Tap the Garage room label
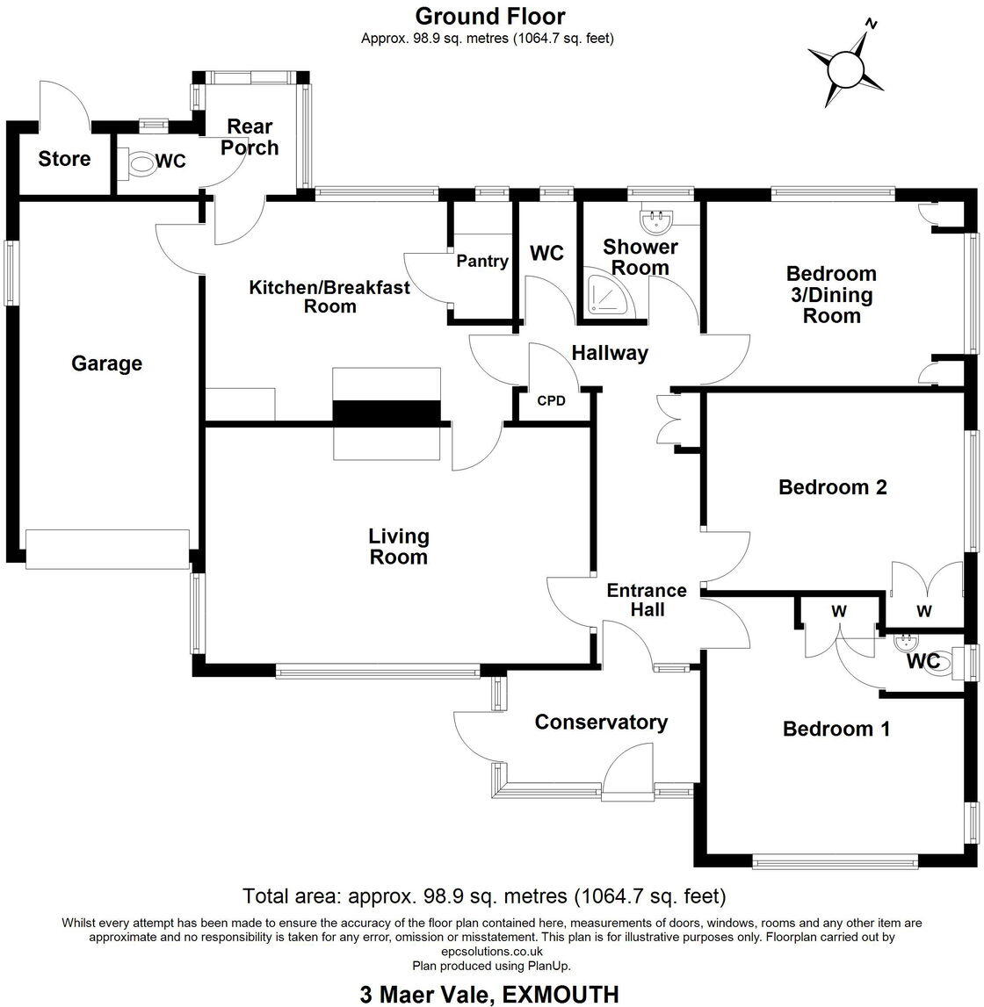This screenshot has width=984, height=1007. pyautogui.click(x=106, y=363)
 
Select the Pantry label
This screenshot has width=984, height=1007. pyautogui.click(x=482, y=261)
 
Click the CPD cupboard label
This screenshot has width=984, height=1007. pyautogui.click(x=551, y=401)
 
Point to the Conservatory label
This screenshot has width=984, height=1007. pyautogui.click(x=601, y=723)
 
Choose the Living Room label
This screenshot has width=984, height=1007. pyautogui.click(x=398, y=546)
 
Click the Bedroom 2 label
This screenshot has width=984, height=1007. pyautogui.click(x=832, y=487)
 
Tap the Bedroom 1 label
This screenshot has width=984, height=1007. pyautogui.click(x=836, y=729)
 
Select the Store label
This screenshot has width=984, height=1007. pyautogui.click(x=64, y=159)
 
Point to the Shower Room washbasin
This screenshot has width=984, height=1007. pyautogui.click(x=651, y=216)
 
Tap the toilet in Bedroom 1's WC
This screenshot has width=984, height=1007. pyautogui.click(x=939, y=662)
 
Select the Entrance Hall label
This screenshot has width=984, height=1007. pyautogui.click(x=647, y=601)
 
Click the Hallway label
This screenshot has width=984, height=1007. pyautogui.click(x=610, y=353)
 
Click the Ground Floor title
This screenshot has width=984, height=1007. pyautogui.click(x=489, y=16)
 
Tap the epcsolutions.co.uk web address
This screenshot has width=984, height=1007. pyautogui.click(x=490, y=951)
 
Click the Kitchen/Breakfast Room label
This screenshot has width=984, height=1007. pyautogui.click(x=329, y=297)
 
